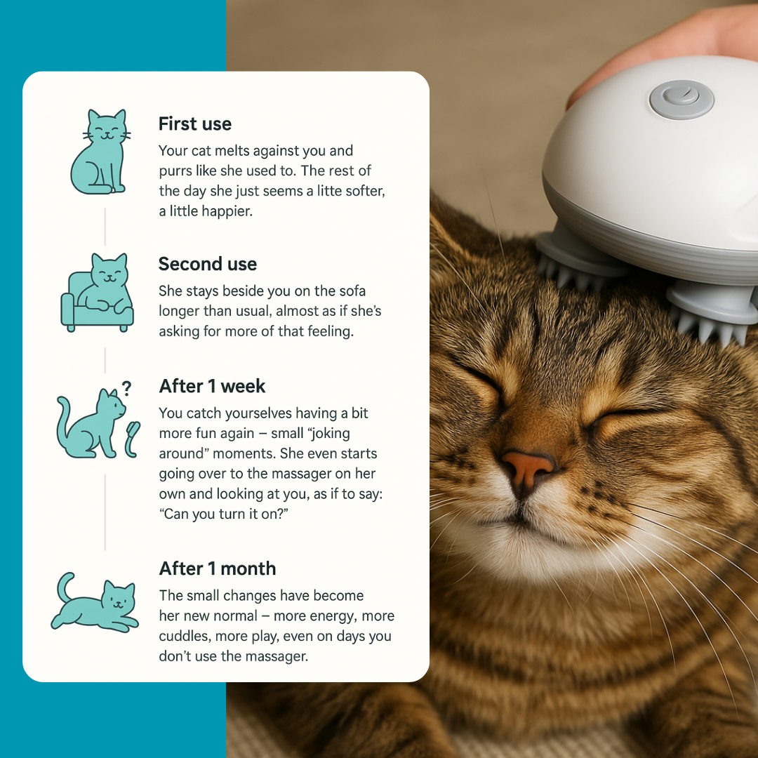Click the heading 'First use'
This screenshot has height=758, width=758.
[x=194, y=124]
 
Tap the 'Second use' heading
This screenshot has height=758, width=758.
[x=208, y=264]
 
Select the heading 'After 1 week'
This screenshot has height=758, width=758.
[x=212, y=386]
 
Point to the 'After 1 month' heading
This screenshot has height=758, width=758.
[x=218, y=568]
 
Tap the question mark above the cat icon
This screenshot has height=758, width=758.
[x=126, y=388]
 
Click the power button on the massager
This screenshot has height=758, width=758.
[x=681, y=99]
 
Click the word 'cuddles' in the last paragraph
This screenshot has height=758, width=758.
[x=183, y=637]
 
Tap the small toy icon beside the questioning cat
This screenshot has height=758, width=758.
[x=132, y=439]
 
